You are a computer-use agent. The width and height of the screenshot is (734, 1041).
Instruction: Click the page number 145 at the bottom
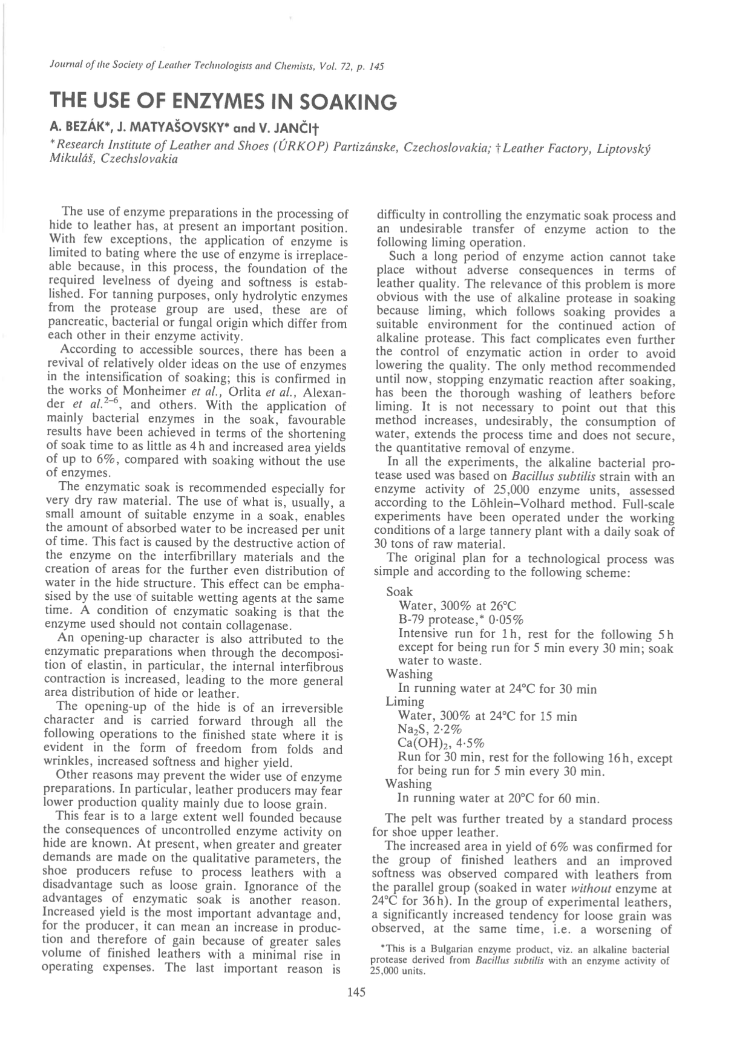357,992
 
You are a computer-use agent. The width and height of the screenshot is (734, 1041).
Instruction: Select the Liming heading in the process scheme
405,701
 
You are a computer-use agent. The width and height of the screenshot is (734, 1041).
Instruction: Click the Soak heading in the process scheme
399,591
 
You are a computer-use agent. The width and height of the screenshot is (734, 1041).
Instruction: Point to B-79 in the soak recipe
411,619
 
